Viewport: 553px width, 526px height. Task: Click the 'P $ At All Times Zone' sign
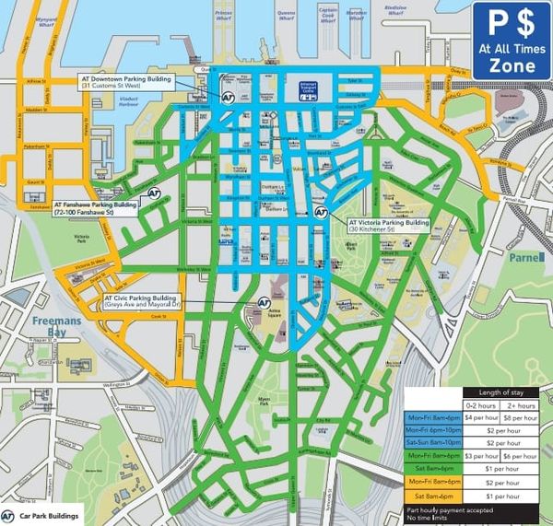click(x=512, y=41)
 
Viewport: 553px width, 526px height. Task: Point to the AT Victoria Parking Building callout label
click(x=388, y=226)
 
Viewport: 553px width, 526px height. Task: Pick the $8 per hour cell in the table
click(x=523, y=416)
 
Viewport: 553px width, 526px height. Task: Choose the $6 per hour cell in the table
click(x=523, y=455)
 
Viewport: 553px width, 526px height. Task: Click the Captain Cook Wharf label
click(x=329, y=16)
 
